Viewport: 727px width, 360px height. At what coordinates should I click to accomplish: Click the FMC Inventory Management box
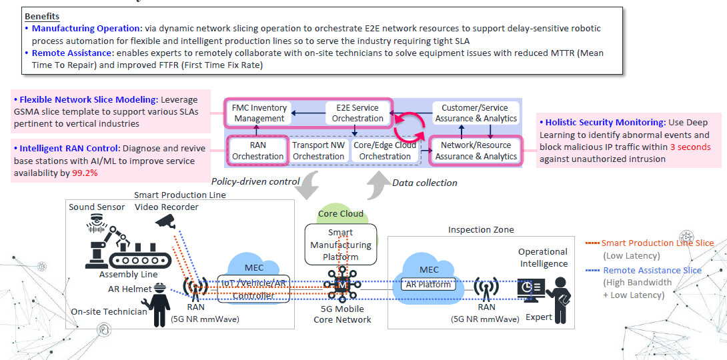click(x=259, y=113)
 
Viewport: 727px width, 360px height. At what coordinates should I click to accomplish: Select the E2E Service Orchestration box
click(x=357, y=113)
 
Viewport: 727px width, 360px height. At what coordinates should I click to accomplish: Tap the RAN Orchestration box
click(x=257, y=151)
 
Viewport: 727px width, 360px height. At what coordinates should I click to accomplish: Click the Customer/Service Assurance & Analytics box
click(x=476, y=113)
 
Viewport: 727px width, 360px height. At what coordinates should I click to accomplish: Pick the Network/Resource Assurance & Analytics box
click(x=476, y=151)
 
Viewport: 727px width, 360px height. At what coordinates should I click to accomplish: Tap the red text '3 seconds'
click(x=690, y=147)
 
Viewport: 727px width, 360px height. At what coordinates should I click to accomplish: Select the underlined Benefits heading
click(x=41, y=16)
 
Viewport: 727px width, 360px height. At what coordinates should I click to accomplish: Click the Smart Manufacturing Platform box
click(x=340, y=245)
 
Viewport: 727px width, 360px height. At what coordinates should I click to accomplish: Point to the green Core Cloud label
click(x=341, y=214)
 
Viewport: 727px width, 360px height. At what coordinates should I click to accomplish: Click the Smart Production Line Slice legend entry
click(x=656, y=243)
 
